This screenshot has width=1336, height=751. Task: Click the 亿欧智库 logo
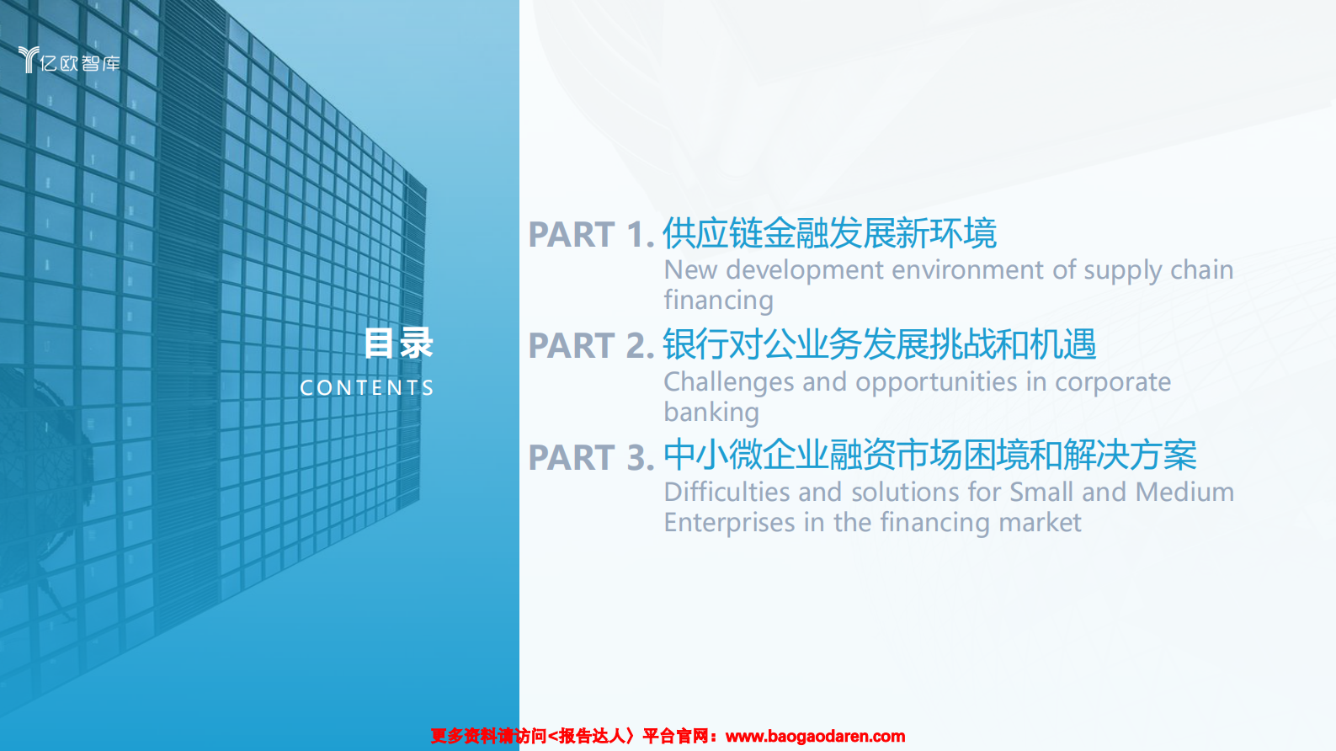(69, 61)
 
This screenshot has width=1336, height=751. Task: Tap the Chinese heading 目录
(398, 344)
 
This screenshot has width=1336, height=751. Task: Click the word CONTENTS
(367, 388)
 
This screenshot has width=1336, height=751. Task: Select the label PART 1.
(591, 235)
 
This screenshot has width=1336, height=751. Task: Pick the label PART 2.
(591, 346)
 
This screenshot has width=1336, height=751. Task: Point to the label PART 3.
(591, 458)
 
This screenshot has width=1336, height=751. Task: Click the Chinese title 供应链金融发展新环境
(829, 233)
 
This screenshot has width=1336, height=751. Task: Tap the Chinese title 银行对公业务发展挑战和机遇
(879, 344)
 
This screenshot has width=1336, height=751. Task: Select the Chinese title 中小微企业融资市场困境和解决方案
(929, 455)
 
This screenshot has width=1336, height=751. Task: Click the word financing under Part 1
(718, 301)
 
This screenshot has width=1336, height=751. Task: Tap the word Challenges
(729, 382)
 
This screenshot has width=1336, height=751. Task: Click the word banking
(711, 413)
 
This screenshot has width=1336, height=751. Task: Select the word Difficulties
(727, 493)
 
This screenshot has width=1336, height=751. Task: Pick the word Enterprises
(729, 523)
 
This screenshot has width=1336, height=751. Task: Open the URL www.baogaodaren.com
(815, 737)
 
